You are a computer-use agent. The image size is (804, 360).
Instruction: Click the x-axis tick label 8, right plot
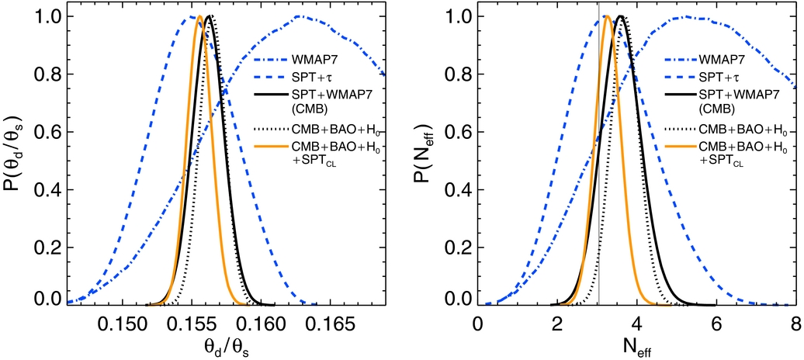[x=795, y=321]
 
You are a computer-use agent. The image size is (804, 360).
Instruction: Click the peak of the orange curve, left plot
[x=199, y=16]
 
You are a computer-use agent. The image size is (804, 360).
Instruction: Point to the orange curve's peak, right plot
[x=607, y=16]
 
